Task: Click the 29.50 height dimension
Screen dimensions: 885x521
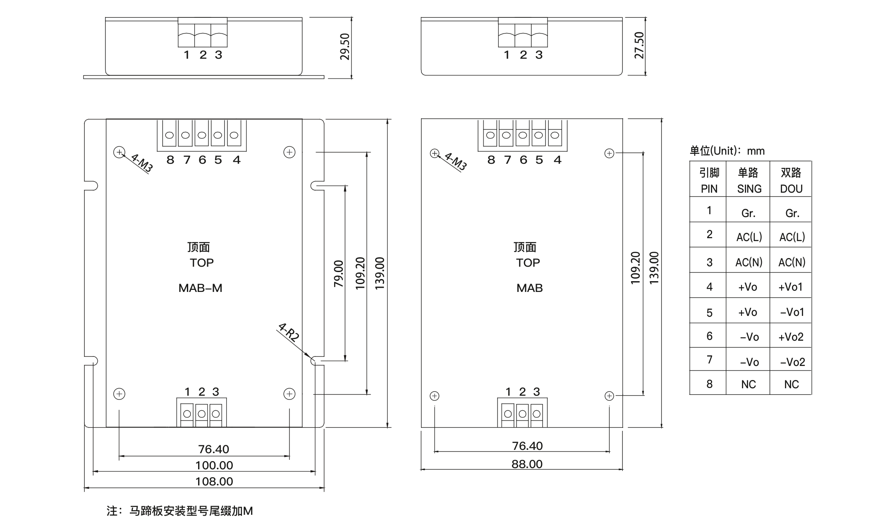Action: pyautogui.click(x=344, y=47)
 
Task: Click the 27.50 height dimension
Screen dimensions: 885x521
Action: pyautogui.click(x=639, y=45)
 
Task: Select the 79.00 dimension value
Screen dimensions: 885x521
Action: pyautogui.click(x=339, y=273)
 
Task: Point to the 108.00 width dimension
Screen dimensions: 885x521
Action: pyautogui.click(x=214, y=481)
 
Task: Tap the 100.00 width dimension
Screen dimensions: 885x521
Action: pyautogui.click(x=214, y=465)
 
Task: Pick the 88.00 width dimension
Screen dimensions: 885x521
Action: pyautogui.click(x=527, y=464)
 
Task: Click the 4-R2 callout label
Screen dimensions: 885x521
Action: pyautogui.click(x=288, y=332)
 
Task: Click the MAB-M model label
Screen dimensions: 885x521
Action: pyautogui.click(x=201, y=288)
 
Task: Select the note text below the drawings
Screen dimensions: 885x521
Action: pyautogui.click(x=179, y=511)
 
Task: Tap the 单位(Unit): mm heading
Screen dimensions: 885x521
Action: pyautogui.click(x=727, y=151)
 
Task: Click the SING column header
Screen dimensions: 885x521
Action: pyautogui.click(x=749, y=189)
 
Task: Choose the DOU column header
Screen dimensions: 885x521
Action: pyautogui.click(x=791, y=189)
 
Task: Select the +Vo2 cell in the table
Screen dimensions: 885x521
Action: pyautogui.click(x=791, y=337)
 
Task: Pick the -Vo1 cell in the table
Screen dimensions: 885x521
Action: pyautogui.click(x=792, y=312)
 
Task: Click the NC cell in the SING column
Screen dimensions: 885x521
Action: pyautogui.click(x=749, y=385)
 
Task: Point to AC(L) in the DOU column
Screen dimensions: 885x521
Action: pyautogui.click(x=792, y=237)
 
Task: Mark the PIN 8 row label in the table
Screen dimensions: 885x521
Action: pyautogui.click(x=710, y=384)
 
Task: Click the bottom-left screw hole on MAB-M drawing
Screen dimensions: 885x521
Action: pyautogui.click(x=119, y=394)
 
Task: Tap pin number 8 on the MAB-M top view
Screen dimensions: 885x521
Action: pyautogui.click(x=170, y=160)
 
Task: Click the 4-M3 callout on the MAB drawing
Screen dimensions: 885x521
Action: pyautogui.click(x=455, y=162)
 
